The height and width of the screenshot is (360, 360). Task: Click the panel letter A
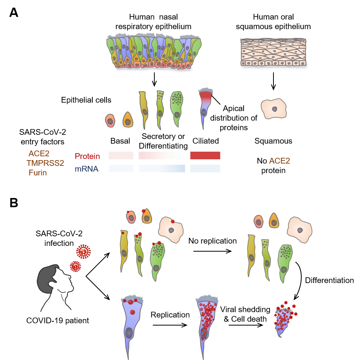click(13, 13)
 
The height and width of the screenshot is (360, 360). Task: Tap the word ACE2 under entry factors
click(39, 154)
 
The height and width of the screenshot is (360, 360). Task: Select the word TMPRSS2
click(45, 163)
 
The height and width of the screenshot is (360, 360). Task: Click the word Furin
click(38, 173)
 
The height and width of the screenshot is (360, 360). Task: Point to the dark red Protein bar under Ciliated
click(205, 155)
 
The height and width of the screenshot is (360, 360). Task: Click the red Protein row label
click(87, 156)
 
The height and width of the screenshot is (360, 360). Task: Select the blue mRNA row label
click(87, 169)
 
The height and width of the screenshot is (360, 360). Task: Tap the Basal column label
click(120, 141)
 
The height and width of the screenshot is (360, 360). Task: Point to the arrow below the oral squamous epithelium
click(273, 81)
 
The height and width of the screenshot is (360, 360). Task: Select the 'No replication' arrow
click(212, 251)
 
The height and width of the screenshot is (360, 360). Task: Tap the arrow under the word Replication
click(170, 325)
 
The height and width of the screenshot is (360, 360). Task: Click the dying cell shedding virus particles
click(285, 320)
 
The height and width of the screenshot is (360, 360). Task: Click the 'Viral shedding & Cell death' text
click(245, 313)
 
